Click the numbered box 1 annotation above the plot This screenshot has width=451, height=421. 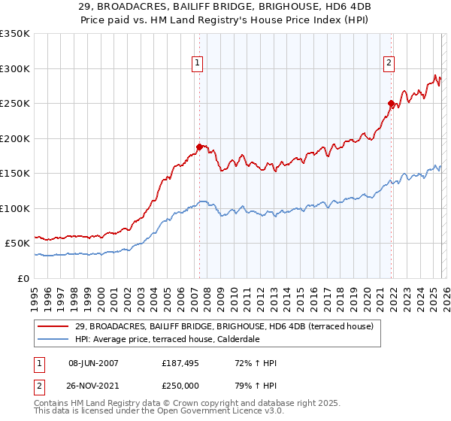197,64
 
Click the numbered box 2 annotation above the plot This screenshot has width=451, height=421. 389,64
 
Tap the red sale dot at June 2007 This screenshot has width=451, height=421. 199,147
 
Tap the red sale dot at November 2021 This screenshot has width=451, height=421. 392,103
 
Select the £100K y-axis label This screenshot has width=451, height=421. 15,208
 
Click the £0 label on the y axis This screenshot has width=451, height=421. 22,278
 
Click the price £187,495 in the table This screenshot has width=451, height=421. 178,363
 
